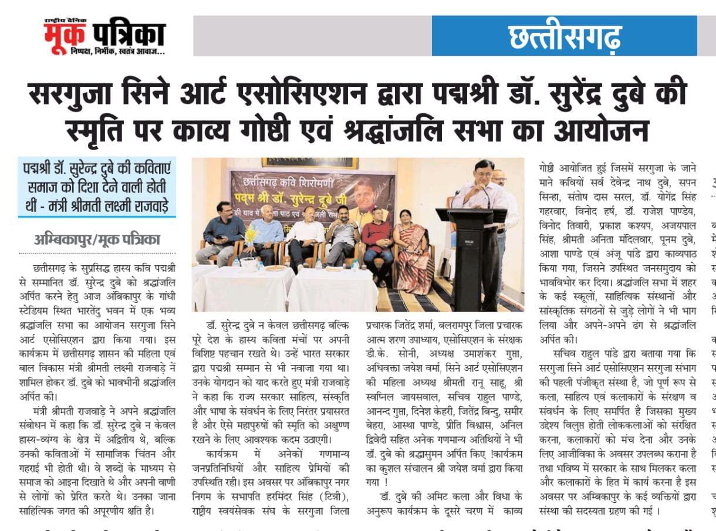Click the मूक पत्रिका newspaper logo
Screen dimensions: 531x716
tap(104, 36)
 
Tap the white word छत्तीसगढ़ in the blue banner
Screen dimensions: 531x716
tap(565, 36)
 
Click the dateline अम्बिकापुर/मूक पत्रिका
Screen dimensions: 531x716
tap(96, 240)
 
